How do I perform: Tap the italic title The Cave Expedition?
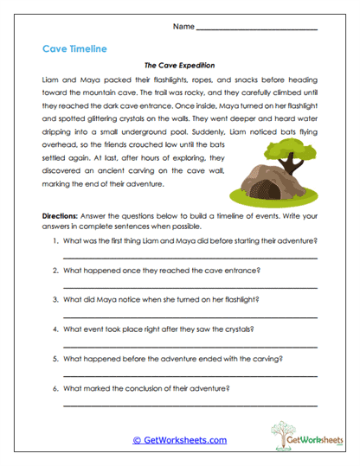click(179, 65)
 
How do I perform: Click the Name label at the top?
click(183, 27)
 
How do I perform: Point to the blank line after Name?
click(256, 29)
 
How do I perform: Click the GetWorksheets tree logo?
click(292, 436)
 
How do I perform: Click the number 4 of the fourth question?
click(56, 329)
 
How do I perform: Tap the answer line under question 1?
click(190, 258)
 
